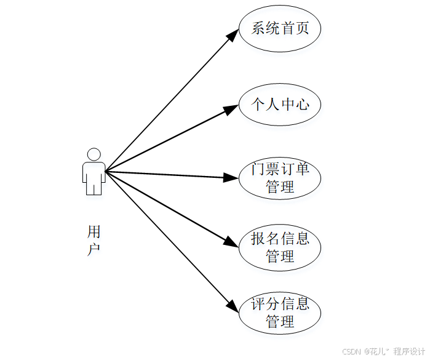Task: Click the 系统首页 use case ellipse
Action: (280, 28)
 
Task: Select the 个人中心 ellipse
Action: (280, 105)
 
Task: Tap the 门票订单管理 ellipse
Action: (280, 178)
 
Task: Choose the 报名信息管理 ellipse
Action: (280, 247)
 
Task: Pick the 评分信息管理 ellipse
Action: (280, 313)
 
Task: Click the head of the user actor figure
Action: (94, 154)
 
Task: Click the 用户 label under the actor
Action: (94, 241)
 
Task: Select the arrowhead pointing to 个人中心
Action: (231, 110)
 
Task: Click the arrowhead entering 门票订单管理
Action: (231, 178)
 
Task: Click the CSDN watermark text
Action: (351, 351)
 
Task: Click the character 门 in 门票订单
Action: (258, 170)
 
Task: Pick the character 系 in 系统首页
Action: (258, 28)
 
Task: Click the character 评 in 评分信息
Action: (258, 305)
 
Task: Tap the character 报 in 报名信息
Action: (258, 239)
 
